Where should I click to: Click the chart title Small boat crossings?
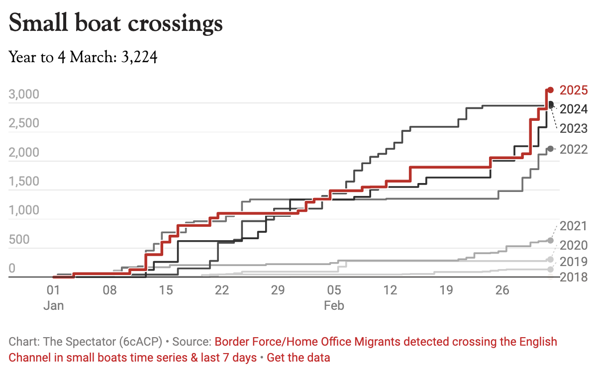(115, 24)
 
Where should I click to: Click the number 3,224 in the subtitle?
(139, 58)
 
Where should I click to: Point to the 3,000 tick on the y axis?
(24, 94)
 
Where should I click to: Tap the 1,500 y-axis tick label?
(24, 182)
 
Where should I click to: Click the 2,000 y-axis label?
(24, 152)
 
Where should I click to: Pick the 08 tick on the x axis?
(110, 290)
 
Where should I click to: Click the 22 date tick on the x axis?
(222, 290)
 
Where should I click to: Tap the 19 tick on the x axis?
(446, 290)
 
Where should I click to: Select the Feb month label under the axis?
(334, 305)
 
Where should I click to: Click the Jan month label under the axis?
(53, 305)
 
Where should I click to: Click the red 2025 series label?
(574, 91)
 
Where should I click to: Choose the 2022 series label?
(574, 149)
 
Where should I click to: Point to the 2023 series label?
(574, 129)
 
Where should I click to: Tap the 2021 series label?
(574, 226)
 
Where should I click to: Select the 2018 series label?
(574, 277)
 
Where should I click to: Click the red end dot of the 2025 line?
(550, 90)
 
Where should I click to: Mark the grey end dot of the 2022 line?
(550, 149)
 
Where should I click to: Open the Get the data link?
(299, 357)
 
